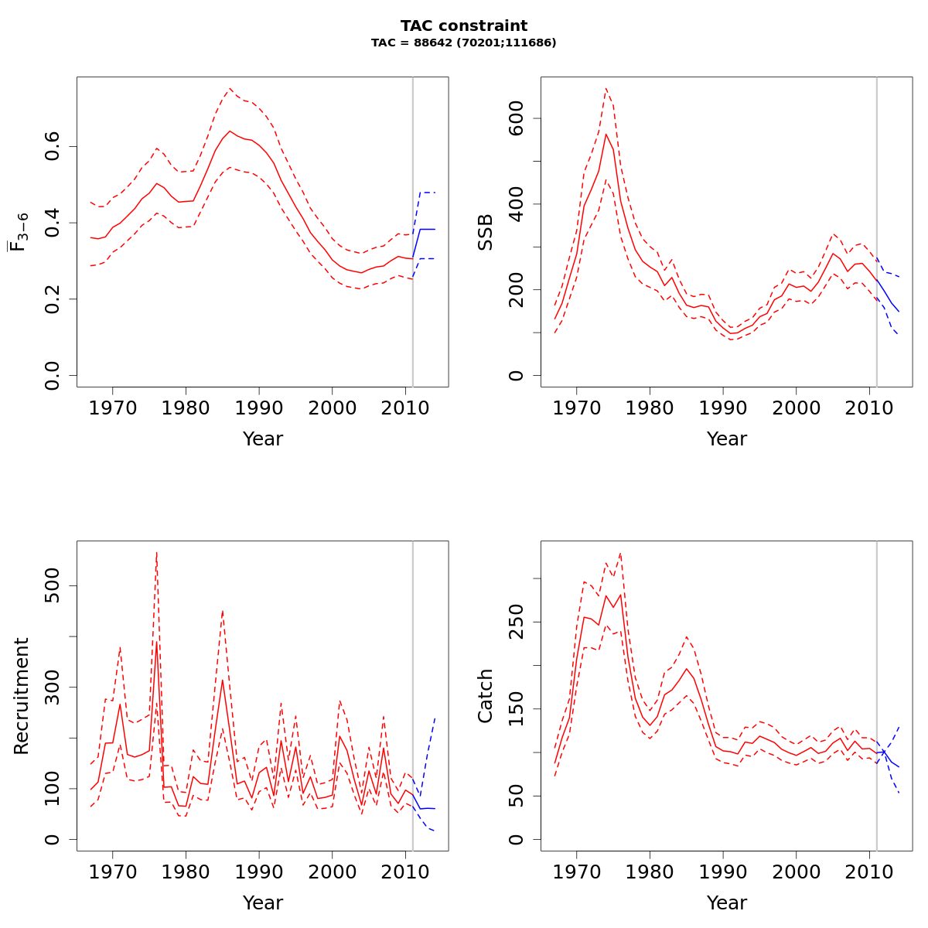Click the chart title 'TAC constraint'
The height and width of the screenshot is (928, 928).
tap(464, 26)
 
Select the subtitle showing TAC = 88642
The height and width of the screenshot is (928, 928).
tap(464, 43)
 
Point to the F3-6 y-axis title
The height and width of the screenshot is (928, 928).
tap(19, 232)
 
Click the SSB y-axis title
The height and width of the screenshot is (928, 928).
tap(486, 232)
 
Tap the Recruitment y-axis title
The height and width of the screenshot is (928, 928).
tap(22, 696)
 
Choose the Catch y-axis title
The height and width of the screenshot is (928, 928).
tap(486, 696)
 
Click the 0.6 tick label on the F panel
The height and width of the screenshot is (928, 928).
tap(53, 147)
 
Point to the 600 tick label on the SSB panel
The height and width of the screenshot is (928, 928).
tap(517, 118)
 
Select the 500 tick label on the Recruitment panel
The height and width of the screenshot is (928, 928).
tap(53, 585)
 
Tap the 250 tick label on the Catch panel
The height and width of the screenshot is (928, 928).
tap(517, 622)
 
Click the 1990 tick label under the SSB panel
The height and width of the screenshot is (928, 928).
tap(723, 407)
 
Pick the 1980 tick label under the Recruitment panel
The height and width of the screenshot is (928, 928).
tap(186, 871)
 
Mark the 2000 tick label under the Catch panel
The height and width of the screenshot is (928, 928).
tap(796, 871)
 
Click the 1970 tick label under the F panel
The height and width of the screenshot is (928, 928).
tap(113, 407)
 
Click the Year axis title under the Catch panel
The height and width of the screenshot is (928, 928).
tap(727, 902)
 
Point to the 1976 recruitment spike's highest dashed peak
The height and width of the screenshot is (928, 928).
tap(156, 552)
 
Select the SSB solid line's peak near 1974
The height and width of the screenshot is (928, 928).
tap(606, 134)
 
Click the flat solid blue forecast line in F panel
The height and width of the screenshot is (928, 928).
tap(427, 229)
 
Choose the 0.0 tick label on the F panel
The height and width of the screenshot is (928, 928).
tap(53, 375)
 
